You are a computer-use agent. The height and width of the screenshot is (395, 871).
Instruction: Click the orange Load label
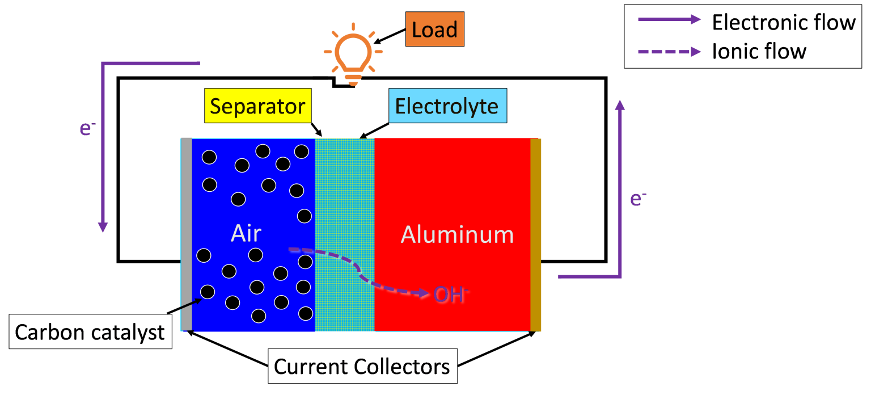pos(434,29)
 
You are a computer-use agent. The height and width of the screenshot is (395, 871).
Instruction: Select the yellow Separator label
pos(257,106)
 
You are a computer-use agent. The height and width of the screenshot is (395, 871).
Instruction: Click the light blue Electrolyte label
pos(447,106)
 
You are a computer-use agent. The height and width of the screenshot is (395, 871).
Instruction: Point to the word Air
pos(246,233)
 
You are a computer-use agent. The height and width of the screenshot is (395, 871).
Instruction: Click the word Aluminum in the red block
pos(457,234)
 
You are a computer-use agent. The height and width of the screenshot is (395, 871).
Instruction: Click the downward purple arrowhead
pos(103,226)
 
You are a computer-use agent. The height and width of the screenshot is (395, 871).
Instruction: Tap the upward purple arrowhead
pos(620,105)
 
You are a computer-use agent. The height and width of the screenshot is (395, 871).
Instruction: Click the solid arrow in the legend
pos(669,19)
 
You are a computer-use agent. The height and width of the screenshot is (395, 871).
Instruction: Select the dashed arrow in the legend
pos(669,52)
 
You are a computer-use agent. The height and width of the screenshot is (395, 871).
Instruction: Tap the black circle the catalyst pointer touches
pos(208,292)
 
